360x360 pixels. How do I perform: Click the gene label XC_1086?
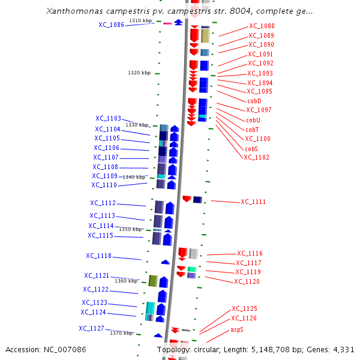[x=111, y=25]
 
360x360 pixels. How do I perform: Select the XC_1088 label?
[x=262, y=26]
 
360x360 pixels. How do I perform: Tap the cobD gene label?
[x=255, y=101]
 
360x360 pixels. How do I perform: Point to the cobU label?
[x=253, y=120]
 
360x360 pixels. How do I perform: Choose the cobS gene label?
[x=251, y=148]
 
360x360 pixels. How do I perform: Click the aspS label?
[x=237, y=330]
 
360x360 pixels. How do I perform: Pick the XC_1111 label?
[x=253, y=202]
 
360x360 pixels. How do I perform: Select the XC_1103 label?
[x=108, y=119]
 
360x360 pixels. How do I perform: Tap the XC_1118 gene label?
[x=98, y=256]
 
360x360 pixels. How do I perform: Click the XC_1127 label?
[x=91, y=329]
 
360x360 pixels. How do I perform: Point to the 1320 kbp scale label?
[x=139, y=73]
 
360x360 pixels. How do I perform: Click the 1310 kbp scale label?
[x=140, y=21]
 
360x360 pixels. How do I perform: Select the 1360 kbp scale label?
[x=126, y=281]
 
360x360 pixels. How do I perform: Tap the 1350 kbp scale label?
[x=130, y=229]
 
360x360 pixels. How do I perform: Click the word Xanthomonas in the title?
[x=75, y=11]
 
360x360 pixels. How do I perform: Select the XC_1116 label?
[x=250, y=254]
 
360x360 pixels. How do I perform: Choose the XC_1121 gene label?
[x=97, y=276]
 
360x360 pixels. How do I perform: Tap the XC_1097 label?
[x=259, y=110]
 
